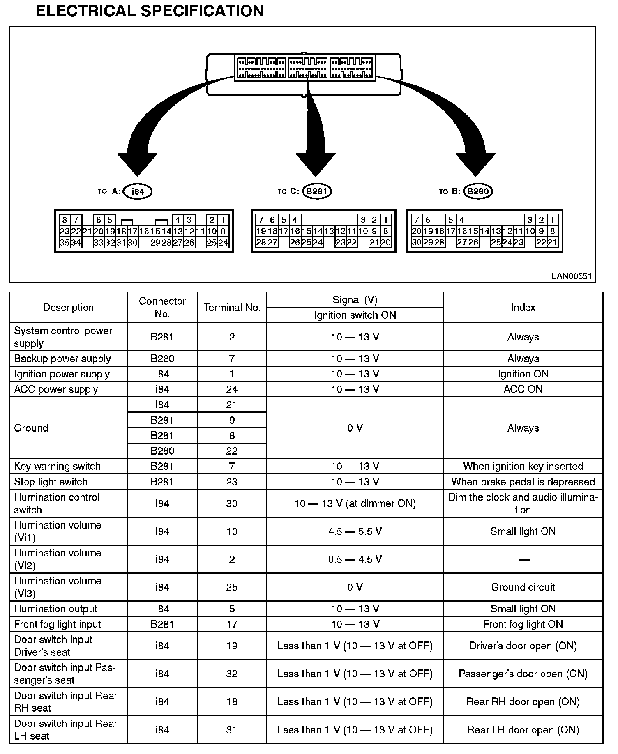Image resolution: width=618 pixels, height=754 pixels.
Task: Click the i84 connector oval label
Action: [x=138, y=191]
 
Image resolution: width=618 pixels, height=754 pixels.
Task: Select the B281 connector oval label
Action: [x=317, y=191]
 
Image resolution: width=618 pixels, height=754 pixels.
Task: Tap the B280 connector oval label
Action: [x=478, y=191]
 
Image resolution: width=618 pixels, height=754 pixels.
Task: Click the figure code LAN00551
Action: [x=572, y=276]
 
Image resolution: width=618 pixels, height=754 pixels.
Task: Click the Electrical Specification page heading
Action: [x=150, y=11]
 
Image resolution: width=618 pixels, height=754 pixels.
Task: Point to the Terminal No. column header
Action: [x=232, y=308]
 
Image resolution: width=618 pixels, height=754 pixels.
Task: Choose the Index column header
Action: [x=523, y=308]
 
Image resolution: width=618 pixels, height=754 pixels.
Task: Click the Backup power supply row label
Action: [x=62, y=359]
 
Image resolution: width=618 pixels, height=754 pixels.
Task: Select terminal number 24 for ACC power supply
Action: [x=232, y=389]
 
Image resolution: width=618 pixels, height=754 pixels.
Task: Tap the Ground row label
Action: [x=31, y=428]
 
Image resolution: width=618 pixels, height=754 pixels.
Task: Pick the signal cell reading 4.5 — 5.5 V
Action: [x=355, y=531]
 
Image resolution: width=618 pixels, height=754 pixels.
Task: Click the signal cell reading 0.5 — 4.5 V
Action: [x=355, y=559]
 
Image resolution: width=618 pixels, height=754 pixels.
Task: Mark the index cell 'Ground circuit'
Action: [x=523, y=587]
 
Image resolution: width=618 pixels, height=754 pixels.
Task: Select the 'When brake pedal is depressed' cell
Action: [x=523, y=482]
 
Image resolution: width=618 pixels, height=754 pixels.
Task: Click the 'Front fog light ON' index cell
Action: [x=523, y=624]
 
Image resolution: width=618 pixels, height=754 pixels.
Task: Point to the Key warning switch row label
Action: [x=58, y=466]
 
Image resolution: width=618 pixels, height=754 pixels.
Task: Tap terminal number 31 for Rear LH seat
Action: [x=232, y=730]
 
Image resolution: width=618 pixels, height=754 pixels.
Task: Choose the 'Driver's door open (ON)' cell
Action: [x=523, y=646]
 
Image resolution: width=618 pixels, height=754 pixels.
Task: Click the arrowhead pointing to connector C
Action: [x=316, y=164]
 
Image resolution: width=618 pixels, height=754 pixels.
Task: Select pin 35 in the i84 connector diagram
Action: [x=65, y=243]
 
